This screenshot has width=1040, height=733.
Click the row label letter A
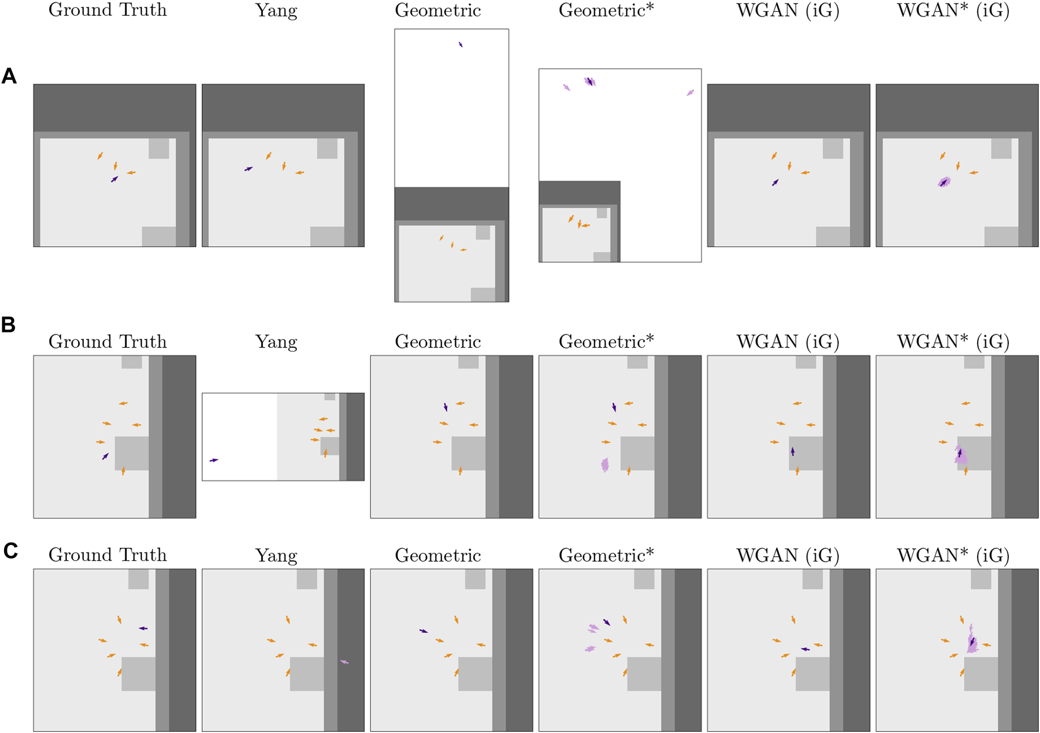tap(9, 76)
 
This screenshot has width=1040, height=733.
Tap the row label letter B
tap(8, 325)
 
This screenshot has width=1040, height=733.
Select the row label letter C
tap(11, 550)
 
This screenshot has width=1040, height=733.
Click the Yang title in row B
tap(276, 342)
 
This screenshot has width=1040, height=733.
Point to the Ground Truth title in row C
tap(107, 555)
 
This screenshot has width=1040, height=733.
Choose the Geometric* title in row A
tap(606, 11)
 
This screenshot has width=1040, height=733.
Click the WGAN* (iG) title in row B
tap(953, 342)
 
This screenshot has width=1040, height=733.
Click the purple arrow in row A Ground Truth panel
tap(114, 179)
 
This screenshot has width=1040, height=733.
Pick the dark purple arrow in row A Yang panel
tap(249, 169)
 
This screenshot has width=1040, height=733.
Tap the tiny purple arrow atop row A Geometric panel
tap(461, 45)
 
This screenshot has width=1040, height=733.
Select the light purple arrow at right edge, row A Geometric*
tap(690, 93)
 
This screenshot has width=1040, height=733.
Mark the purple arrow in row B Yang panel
tap(214, 460)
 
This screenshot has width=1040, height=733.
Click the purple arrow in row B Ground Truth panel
tap(105, 456)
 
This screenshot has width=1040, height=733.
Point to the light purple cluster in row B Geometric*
tap(605, 465)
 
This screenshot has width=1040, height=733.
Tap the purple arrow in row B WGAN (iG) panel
tap(792, 452)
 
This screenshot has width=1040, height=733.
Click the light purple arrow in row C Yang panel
tap(344, 662)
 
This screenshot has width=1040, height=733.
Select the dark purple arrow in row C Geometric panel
tap(424, 631)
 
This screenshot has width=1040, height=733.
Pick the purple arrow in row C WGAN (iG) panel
tap(805, 649)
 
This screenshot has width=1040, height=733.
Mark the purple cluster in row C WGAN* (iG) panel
tap(972, 641)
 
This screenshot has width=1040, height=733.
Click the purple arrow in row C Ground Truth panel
tap(143, 628)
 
